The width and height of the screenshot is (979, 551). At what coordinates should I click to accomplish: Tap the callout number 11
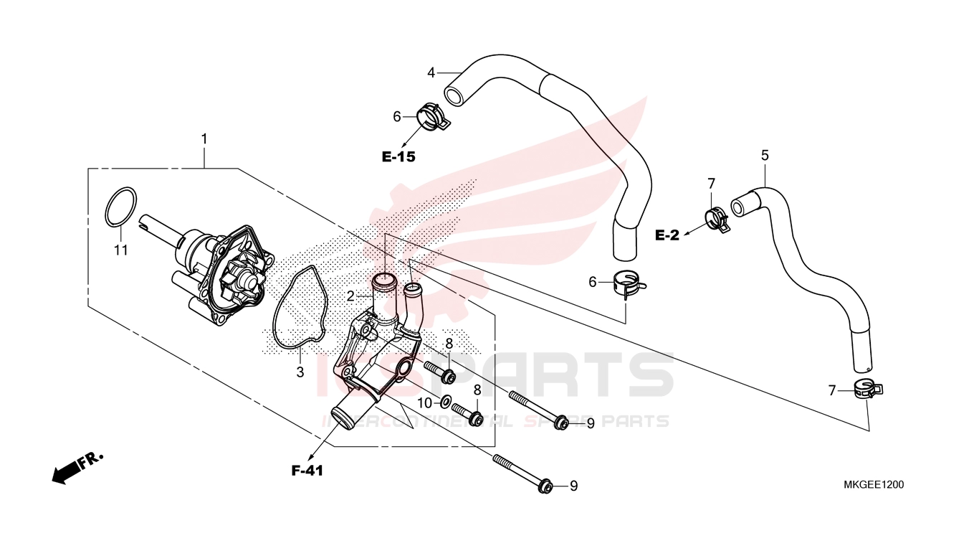[x=121, y=250]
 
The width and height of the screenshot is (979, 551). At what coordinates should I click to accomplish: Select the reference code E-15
[x=398, y=156]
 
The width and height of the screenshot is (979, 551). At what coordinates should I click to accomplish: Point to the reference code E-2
[x=667, y=235]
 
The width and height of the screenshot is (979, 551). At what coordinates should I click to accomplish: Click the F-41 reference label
[x=307, y=471]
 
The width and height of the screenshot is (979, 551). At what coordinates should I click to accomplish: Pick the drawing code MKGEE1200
[x=873, y=485]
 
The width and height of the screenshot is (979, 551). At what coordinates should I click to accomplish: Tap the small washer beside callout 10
[x=446, y=400]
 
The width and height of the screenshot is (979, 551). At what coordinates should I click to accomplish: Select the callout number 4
[x=431, y=73]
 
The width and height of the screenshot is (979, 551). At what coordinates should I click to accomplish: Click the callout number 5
[x=765, y=156]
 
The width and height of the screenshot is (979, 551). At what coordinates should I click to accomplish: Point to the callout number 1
[x=204, y=139]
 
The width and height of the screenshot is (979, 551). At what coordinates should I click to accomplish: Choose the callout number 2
[x=350, y=297]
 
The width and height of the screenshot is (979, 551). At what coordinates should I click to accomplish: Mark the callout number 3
[x=300, y=372]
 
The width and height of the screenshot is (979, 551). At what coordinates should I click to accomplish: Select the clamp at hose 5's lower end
[x=868, y=389]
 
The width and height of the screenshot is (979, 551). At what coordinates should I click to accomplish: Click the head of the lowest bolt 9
[x=544, y=486]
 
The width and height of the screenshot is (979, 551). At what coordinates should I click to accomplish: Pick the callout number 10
[x=424, y=403]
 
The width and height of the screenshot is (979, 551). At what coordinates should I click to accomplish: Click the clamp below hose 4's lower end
[x=629, y=282]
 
